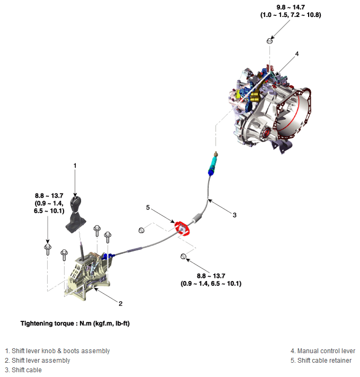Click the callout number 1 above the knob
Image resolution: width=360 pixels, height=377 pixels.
coord(75,166)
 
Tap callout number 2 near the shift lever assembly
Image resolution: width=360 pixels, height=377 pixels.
coord(120,303)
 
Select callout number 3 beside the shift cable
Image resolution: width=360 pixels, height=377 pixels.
coord(234,215)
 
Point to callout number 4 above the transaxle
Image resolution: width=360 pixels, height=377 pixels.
coord(297,54)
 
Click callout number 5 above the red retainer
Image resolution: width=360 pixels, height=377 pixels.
coord(148,207)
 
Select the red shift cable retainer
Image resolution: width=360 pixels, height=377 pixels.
coord(181,229)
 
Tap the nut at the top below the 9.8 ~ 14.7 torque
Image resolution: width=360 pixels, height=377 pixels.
coord(270,40)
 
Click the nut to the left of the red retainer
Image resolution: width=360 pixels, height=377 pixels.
coord(142,230)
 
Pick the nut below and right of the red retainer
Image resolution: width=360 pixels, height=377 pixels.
coord(183,257)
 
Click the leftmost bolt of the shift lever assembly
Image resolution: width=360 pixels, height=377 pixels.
coord(48,248)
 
